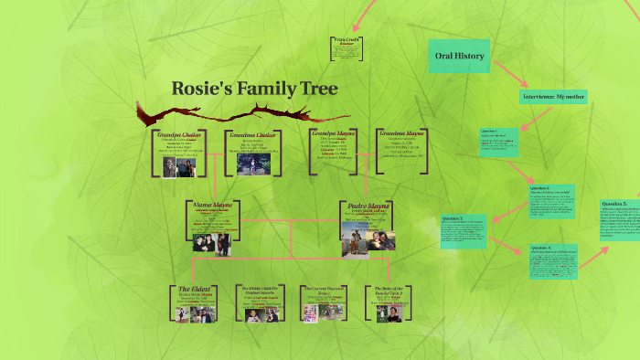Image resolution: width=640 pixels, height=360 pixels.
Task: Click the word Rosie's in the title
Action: pos(199,89)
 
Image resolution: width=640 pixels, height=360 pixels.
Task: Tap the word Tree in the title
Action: pos(315,89)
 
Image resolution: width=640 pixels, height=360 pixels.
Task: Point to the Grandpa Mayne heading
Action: pos(333,132)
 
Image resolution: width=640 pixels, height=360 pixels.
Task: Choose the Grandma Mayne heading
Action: pos(400,132)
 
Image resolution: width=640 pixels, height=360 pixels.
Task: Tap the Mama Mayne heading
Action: pos(212,205)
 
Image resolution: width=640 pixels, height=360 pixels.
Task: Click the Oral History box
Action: pos(460,57)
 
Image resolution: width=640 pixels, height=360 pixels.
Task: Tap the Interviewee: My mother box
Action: pos(553,96)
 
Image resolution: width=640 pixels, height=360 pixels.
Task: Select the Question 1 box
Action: pos(499,143)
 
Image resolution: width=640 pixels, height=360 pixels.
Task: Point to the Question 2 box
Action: pos(550,199)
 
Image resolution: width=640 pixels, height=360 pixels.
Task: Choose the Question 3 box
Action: pos(464,231)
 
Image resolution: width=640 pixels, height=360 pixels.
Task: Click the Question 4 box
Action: pos(554,262)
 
